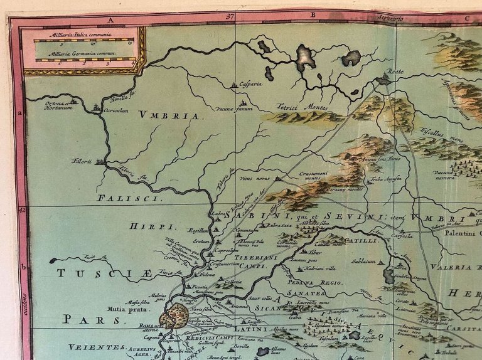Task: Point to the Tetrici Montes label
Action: pos(304,107)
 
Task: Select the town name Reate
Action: pos(396,72)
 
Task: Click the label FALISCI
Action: pos(117,198)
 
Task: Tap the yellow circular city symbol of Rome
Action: pos(174,315)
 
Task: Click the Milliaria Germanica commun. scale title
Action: pos(84,56)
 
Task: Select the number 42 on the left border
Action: pos(23,210)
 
